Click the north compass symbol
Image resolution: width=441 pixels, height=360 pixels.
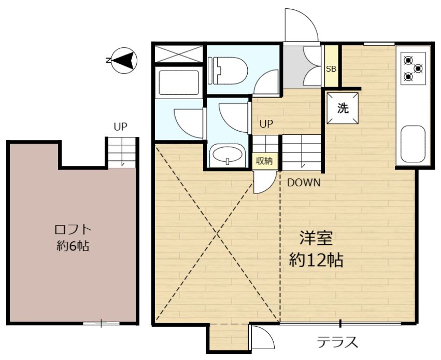(x=124, y=60)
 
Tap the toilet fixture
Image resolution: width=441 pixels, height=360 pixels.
(x=227, y=71)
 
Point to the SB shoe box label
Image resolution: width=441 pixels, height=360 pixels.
(x=331, y=68)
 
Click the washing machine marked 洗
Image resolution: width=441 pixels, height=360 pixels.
(x=343, y=108)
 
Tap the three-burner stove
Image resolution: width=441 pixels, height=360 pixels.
(x=413, y=68)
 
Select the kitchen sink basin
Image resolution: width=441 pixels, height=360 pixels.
(x=413, y=144)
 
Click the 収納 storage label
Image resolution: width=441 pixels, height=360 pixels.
(x=264, y=161)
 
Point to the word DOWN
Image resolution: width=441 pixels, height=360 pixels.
(x=304, y=183)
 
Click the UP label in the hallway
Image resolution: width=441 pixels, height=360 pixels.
(x=266, y=124)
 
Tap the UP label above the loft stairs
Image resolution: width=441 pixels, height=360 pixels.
(x=121, y=127)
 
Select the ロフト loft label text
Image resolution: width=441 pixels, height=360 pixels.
(x=73, y=230)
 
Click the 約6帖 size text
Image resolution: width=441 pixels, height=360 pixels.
(x=73, y=246)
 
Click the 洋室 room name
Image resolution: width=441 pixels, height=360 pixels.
(x=316, y=238)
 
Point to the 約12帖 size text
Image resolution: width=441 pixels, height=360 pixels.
(x=316, y=260)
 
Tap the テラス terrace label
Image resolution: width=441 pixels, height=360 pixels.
(x=337, y=342)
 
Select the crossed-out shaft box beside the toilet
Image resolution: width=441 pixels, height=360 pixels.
(x=179, y=54)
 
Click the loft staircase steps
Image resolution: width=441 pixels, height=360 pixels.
(x=122, y=153)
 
